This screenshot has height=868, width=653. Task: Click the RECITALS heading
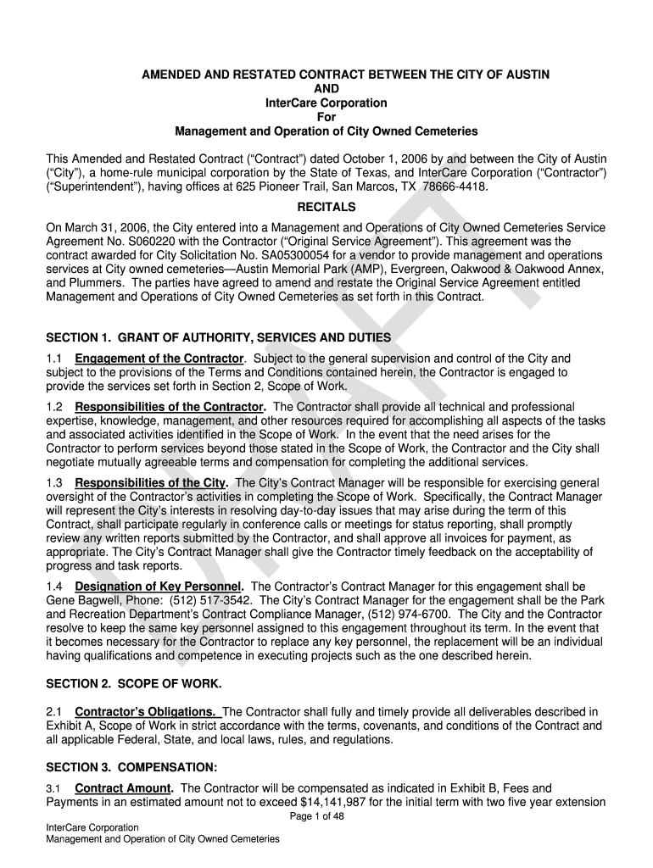tap(326, 207)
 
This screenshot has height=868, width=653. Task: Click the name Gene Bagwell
tap(77, 600)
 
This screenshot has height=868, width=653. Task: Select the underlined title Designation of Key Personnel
tap(159, 587)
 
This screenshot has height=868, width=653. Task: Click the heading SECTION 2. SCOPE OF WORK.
tap(134, 682)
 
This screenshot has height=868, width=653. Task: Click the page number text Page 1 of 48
tap(326, 816)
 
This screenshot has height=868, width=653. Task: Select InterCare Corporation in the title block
tap(326, 103)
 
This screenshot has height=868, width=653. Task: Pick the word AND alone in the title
tap(326, 89)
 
